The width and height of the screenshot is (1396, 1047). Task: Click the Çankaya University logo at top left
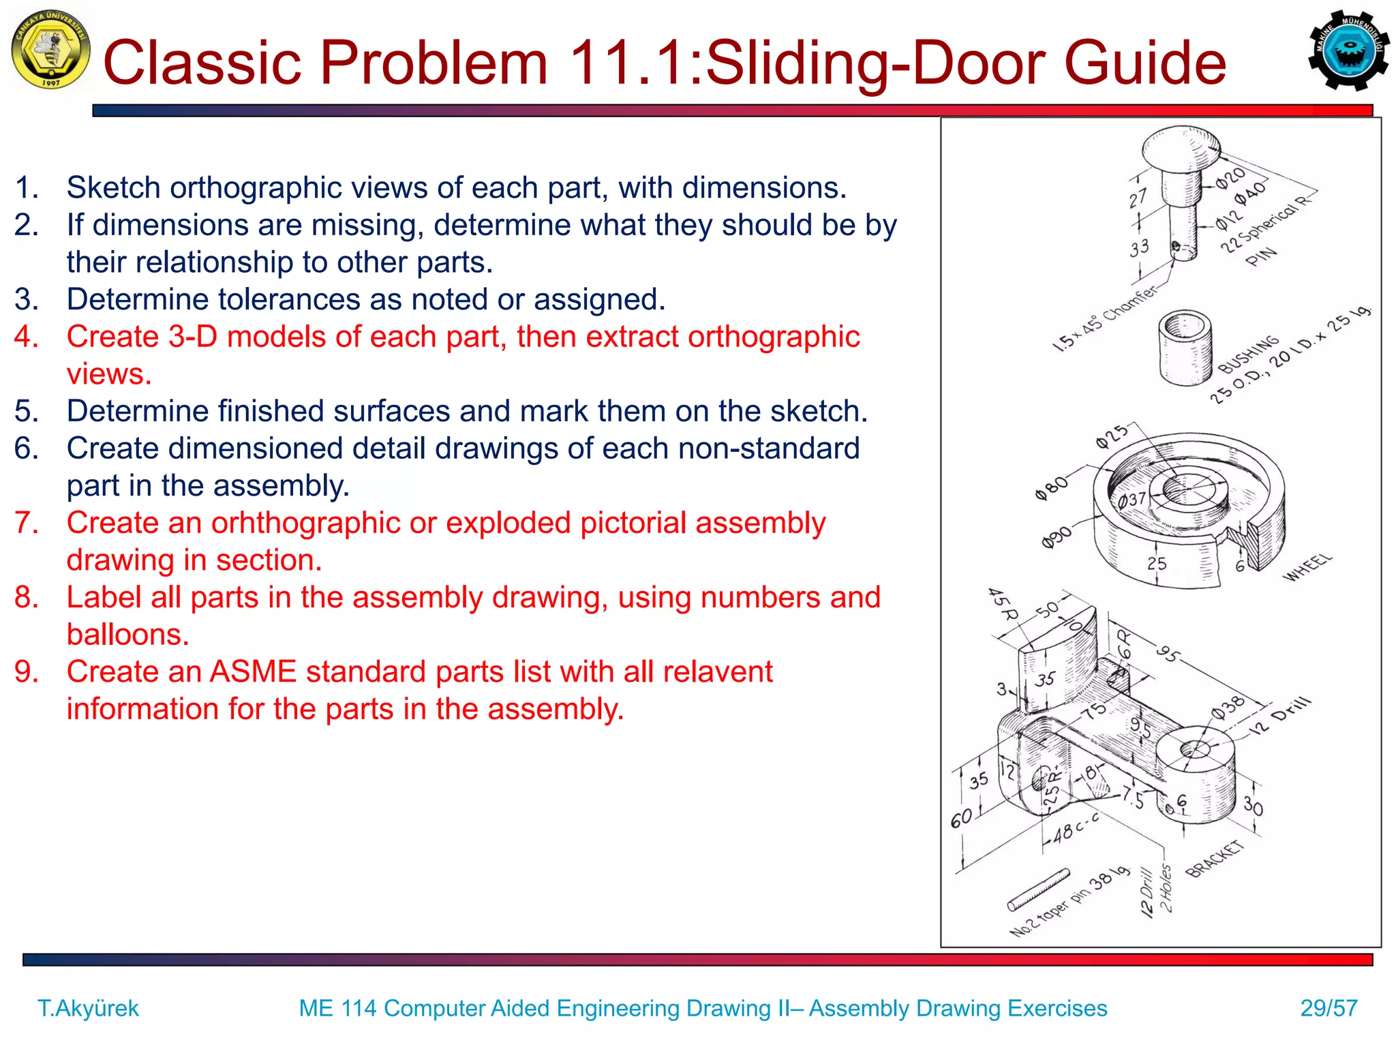tap(50, 50)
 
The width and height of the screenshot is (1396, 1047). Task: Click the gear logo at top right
tap(1348, 50)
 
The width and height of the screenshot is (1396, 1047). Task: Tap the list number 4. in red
tap(27, 337)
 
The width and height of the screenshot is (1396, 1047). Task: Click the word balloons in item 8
tap(127, 635)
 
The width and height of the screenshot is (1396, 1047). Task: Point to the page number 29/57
tap(1329, 1008)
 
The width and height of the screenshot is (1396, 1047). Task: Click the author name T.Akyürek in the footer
tap(88, 1008)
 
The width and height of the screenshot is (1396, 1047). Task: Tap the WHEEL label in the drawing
tap(1307, 567)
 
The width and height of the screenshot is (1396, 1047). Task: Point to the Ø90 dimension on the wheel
tap(1056, 538)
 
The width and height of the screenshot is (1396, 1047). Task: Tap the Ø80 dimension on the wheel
tap(1051, 487)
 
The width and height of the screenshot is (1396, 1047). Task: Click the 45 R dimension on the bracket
tap(1002, 604)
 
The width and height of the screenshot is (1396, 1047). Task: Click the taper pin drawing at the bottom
tap(1038, 890)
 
